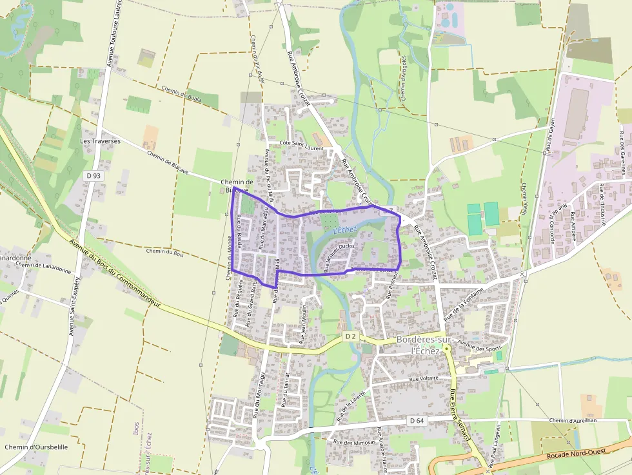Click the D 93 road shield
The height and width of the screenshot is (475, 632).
93,175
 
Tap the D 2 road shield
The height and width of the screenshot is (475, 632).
350,336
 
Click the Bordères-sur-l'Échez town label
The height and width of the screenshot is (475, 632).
426,345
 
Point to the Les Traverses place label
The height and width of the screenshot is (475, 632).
100,141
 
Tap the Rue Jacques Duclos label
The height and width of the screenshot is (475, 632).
341,257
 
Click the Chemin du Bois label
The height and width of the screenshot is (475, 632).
165,254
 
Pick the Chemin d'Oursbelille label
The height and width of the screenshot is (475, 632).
36,447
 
